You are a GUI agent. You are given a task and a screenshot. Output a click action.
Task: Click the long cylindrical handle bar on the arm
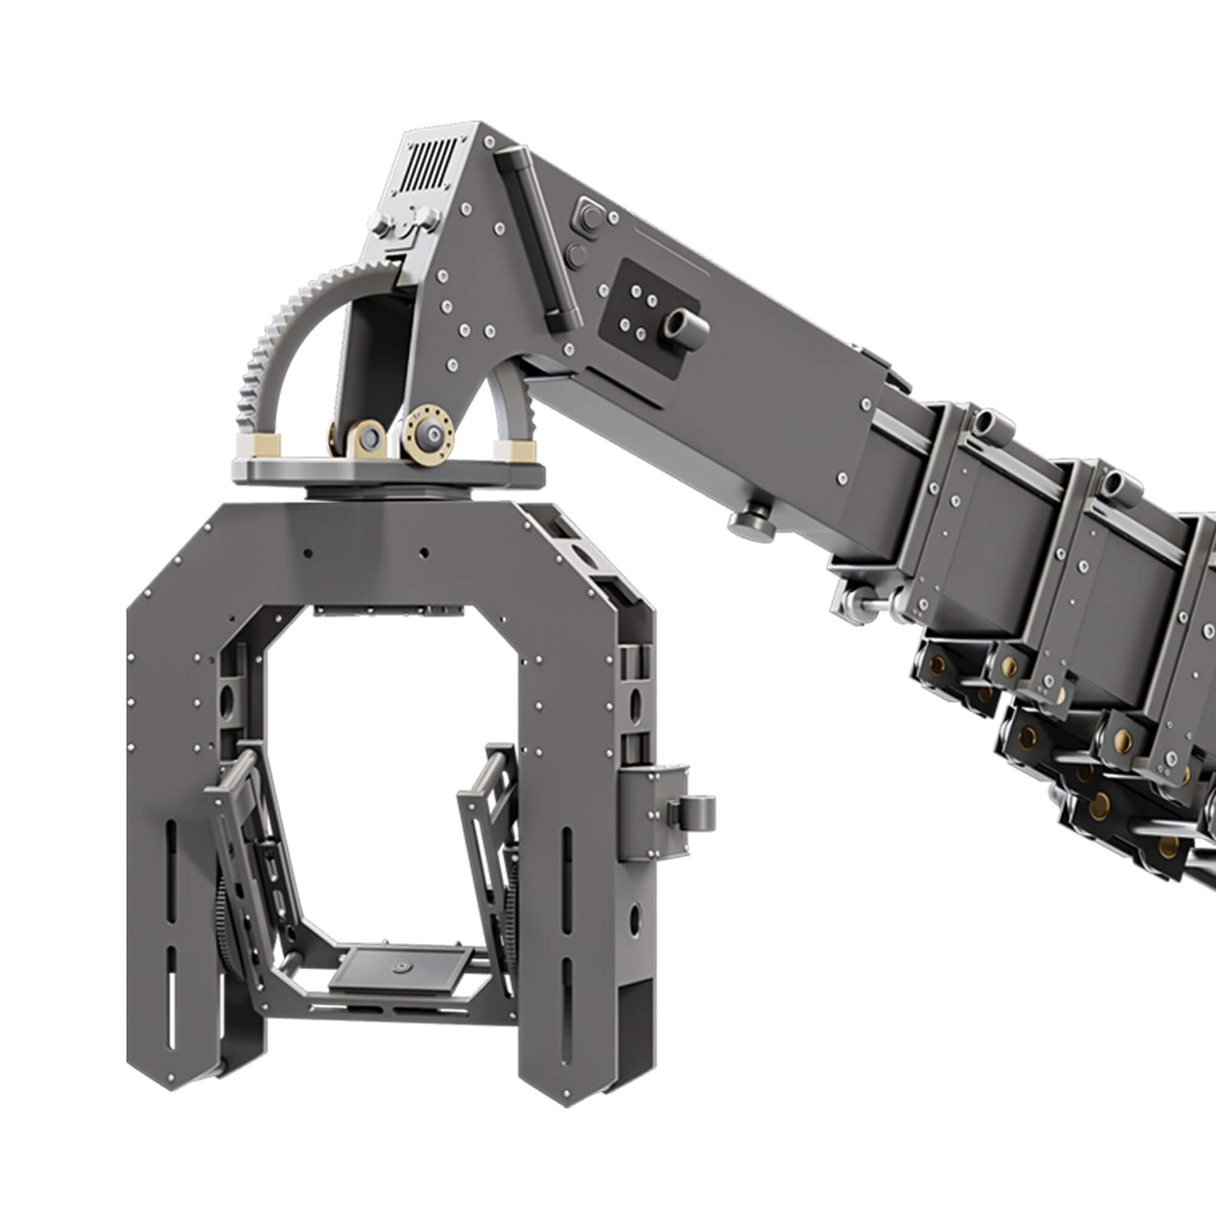click(539, 239)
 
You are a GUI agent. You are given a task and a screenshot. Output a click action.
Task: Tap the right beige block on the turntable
click(514, 451)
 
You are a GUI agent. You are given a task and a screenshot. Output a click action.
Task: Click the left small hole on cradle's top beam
click(308, 553)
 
